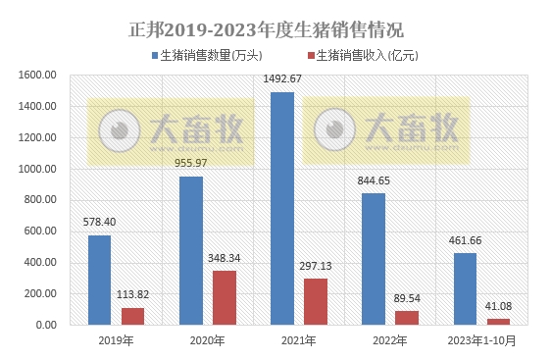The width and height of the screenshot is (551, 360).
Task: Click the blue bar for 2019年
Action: click(x=100, y=280)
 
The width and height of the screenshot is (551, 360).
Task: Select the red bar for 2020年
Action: click(x=224, y=298)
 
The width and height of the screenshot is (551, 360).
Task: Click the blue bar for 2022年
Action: click(x=374, y=258)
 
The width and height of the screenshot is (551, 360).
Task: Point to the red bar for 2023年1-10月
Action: click(x=498, y=321)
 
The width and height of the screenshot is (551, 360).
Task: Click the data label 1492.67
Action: click(x=282, y=78)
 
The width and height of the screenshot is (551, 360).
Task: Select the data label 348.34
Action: click(x=225, y=258)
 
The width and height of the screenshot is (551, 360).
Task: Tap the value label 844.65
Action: click(x=374, y=180)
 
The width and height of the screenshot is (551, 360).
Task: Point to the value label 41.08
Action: click(x=499, y=307)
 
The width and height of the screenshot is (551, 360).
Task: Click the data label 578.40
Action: click(x=100, y=223)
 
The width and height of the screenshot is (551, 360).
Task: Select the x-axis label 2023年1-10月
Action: click(x=481, y=340)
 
